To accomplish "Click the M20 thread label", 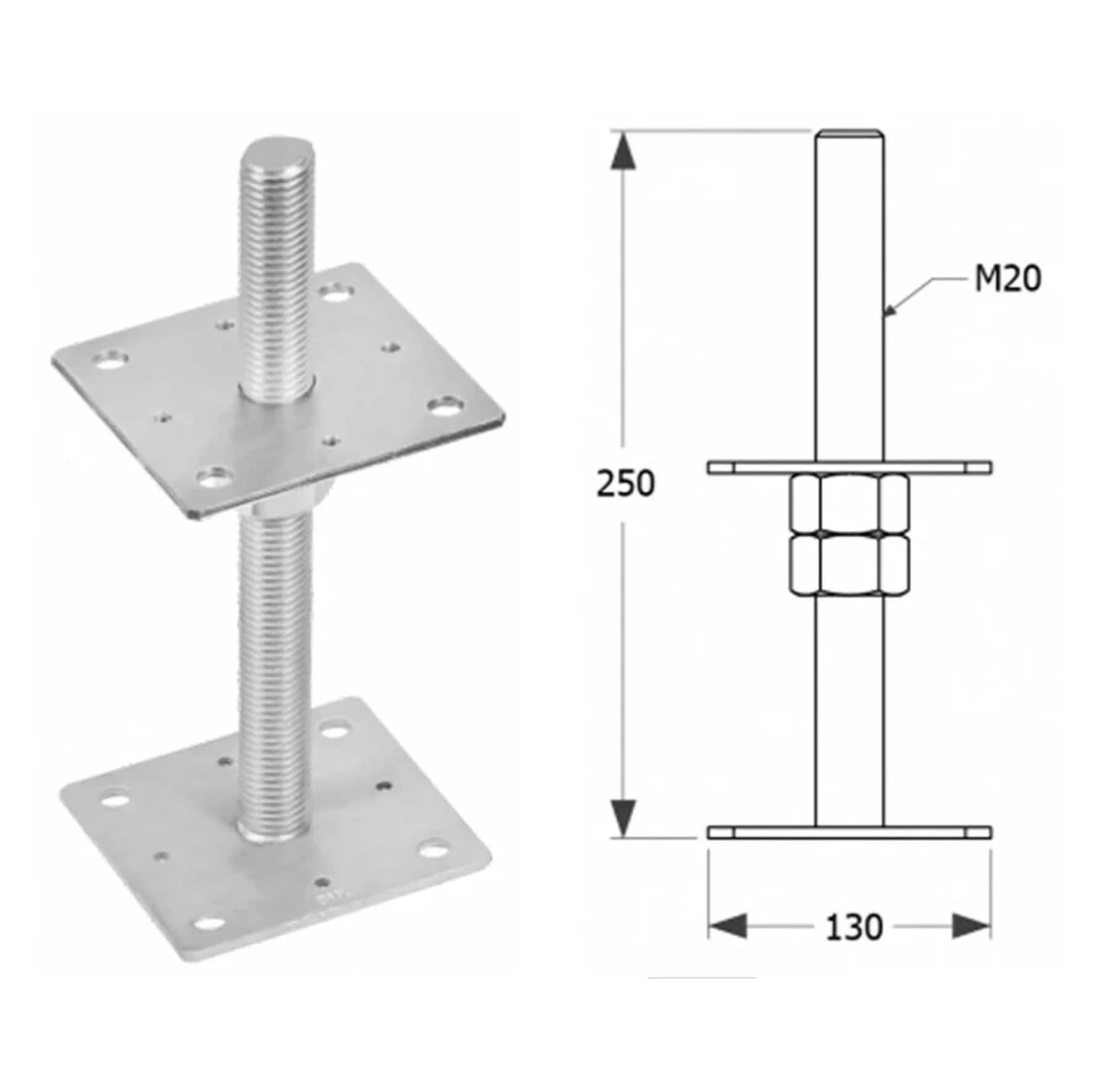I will click(x=1007, y=279).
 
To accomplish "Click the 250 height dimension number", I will click(x=625, y=483).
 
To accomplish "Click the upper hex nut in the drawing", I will click(x=849, y=502).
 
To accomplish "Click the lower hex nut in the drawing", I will click(x=849, y=565).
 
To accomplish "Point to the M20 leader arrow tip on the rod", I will click(x=886, y=314).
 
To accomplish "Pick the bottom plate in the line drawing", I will click(x=849, y=833).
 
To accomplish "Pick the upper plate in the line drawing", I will click(x=849, y=468).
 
